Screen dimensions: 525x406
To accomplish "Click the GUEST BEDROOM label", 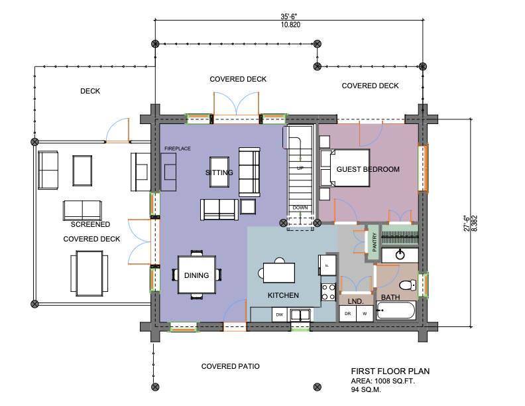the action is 368,169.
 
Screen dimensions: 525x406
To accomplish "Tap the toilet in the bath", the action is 408,285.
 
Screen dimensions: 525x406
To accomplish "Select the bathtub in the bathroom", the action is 396,310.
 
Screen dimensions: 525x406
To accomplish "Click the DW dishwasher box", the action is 280,314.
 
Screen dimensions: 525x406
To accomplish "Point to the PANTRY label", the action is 375,242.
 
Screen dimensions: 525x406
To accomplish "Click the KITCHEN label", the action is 283,295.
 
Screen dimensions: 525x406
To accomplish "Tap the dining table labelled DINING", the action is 196,275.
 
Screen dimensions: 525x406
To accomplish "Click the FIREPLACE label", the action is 178,149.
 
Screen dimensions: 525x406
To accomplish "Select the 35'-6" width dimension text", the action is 289,17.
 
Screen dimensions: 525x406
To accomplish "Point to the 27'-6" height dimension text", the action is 467,224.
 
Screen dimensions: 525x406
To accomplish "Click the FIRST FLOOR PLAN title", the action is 390,371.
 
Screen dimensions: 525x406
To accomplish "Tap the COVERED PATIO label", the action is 231,366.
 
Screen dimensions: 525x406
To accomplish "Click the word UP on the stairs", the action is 300,168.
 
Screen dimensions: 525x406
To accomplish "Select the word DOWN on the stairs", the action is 300,208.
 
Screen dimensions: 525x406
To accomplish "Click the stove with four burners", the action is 329,292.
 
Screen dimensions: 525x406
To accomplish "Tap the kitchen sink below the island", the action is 300,316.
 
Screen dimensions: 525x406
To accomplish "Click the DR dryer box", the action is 347,314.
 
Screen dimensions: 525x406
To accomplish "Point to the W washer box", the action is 365,314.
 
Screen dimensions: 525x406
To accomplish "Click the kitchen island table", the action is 279,273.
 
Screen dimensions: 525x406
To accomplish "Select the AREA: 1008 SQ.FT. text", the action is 382,381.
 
